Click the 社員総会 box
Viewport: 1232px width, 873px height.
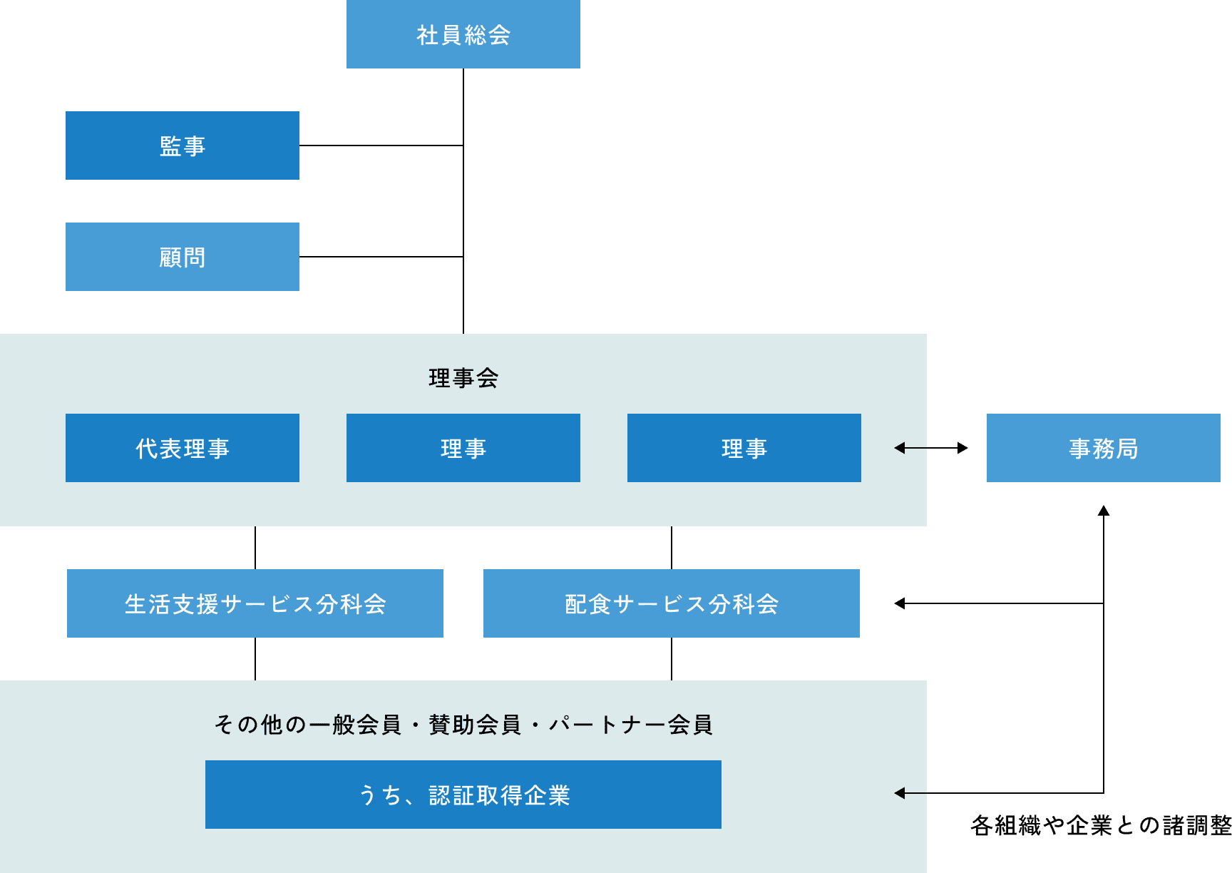pyautogui.click(x=463, y=34)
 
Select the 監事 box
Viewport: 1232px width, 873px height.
pyautogui.click(x=183, y=145)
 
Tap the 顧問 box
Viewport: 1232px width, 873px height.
pyautogui.click(x=183, y=257)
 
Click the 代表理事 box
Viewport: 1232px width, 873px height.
pyautogui.click(x=183, y=448)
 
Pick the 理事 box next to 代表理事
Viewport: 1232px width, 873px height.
pyautogui.click(x=463, y=448)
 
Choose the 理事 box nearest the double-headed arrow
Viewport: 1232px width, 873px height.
pyautogui.click(x=744, y=448)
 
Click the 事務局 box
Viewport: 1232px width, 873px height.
pyautogui.click(x=1103, y=448)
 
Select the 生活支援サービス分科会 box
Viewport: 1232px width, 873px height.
pyautogui.click(x=255, y=603)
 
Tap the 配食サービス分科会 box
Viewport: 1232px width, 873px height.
pyautogui.click(x=672, y=603)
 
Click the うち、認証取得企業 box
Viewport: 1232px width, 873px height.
pyautogui.click(x=463, y=795)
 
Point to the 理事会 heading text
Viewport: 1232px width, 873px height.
pyautogui.click(x=463, y=378)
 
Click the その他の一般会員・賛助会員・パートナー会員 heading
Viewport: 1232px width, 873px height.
pyautogui.click(x=463, y=725)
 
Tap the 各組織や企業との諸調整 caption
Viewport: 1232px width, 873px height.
pyautogui.click(x=1101, y=826)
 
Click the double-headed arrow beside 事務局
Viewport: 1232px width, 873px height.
pyautogui.click(x=931, y=448)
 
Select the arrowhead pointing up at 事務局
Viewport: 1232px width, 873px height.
pyautogui.click(x=1104, y=511)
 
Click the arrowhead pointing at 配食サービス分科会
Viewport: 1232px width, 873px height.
pyautogui.click(x=900, y=603)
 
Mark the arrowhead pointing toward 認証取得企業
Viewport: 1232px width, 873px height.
pyautogui.click(x=900, y=793)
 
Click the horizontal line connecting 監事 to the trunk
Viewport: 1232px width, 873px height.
pyautogui.click(x=381, y=145)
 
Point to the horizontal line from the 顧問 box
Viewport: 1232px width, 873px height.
pyautogui.click(x=381, y=257)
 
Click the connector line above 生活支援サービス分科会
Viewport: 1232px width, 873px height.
pyautogui.click(x=255, y=548)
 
